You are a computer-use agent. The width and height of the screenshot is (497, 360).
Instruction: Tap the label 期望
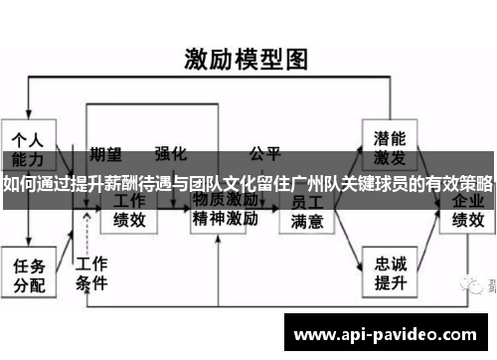coord(105,154)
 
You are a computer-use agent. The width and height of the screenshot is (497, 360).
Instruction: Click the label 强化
coord(170,154)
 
